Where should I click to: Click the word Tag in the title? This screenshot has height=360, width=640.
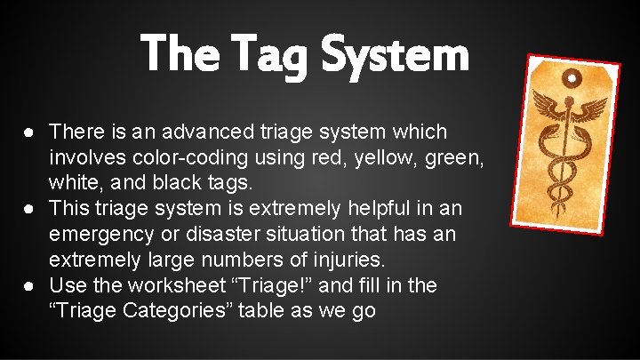pyautogui.click(x=278, y=55)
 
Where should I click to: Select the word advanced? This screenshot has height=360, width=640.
pyautogui.click(x=186, y=132)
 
